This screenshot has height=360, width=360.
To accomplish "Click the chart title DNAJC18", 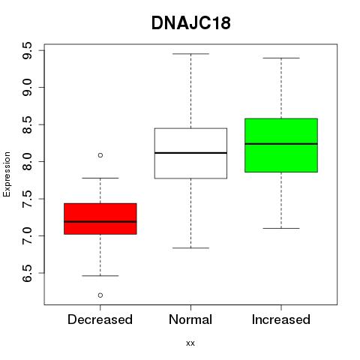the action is [190, 23].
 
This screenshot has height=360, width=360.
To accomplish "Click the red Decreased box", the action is [100, 219].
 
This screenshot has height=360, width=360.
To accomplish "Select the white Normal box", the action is [190, 153].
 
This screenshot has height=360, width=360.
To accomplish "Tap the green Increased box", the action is [281, 145].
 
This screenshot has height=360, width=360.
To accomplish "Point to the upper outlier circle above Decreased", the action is [100, 155].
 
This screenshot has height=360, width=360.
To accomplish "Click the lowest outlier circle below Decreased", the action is [100, 295].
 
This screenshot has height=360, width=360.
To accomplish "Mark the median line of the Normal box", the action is [190, 153].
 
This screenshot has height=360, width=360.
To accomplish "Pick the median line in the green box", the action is [281, 144].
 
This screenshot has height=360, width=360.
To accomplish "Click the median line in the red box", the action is [100, 221].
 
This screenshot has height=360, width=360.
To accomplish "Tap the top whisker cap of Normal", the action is [190, 54].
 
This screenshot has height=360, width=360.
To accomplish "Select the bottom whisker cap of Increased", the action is [281, 228].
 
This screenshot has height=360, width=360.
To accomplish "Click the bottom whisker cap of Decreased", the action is [100, 276].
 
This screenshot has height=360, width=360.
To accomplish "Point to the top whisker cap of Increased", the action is [281, 58].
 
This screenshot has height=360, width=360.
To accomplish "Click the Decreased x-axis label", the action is [100, 319].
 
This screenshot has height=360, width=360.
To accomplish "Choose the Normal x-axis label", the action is [190, 319].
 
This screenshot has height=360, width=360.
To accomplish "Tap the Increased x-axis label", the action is [281, 319].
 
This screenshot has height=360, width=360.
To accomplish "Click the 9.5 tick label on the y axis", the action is [27, 50].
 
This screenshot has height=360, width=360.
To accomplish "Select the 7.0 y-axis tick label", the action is [27, 236].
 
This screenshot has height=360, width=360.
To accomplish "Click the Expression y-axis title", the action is [7, 174].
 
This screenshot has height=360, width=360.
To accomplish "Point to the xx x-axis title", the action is [190, 343].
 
